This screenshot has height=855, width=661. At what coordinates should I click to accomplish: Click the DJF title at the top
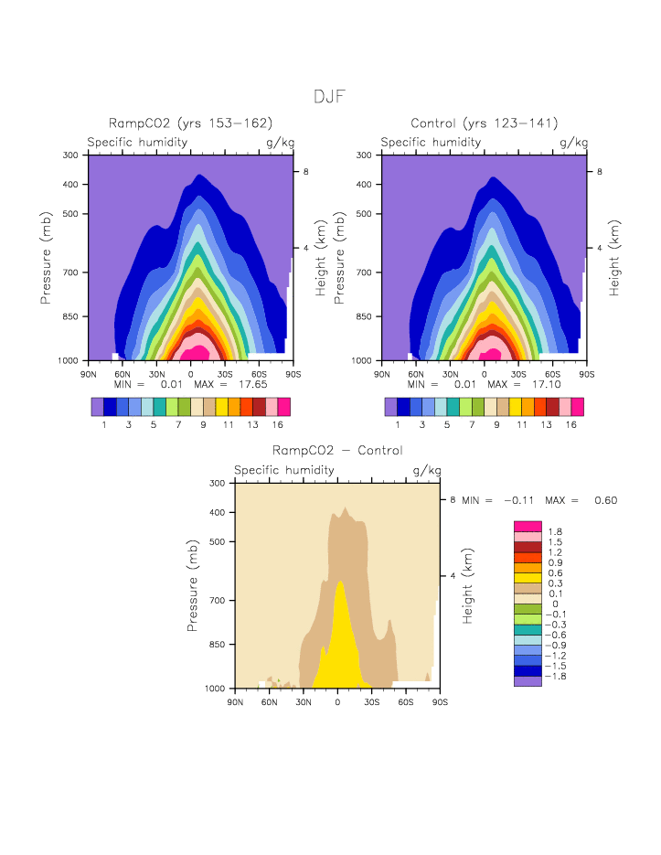pos(329,97)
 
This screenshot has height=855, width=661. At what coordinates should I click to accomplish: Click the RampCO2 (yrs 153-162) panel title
pos(190,123)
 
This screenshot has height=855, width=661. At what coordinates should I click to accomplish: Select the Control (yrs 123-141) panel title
pos(484,123)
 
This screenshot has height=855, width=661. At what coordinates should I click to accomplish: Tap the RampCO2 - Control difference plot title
pos(337,451)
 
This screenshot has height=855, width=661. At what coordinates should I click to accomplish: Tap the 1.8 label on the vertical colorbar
pos(555,531)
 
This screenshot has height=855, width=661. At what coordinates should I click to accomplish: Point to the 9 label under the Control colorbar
pos(496,425)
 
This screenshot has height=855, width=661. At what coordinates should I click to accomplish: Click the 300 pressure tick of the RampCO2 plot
pos(69,155)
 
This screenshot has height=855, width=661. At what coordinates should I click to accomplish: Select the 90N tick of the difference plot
pos(235,702)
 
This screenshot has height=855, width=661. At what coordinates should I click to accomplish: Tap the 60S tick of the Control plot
pos(552,375)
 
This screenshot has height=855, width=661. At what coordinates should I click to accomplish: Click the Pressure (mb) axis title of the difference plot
pos(193,585)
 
